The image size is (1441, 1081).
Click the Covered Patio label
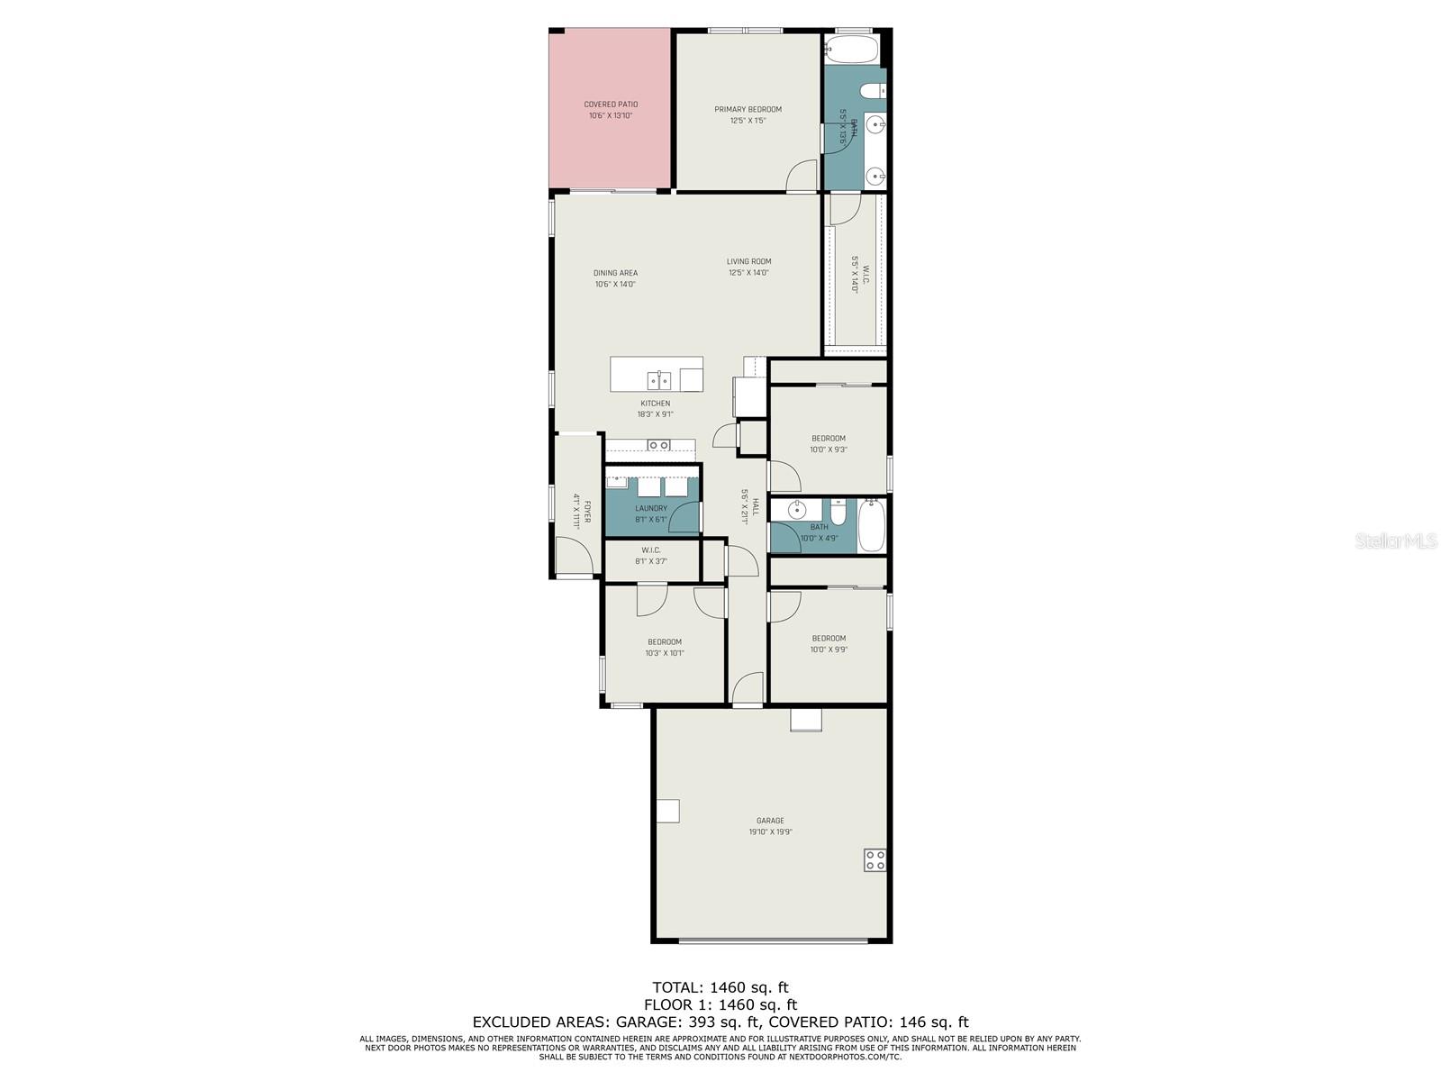coord(611,104)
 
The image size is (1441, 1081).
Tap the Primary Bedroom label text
coord(748,110)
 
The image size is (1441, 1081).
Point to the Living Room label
coord(748,262)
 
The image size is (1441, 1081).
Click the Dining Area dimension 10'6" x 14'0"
coord(615,285)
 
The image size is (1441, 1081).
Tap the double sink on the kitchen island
coord(658,377)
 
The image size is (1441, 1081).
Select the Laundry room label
coord(651,509)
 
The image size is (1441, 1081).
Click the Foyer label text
coord(587,511)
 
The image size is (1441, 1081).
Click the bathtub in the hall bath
coord(872,527)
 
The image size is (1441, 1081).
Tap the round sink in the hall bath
coord(797,511)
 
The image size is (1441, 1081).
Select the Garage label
coord(770,821)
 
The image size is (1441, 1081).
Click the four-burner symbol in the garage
coord(875,859)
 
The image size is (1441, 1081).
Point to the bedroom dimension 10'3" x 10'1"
coord(665,654)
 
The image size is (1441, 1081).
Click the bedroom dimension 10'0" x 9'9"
coord(829,650)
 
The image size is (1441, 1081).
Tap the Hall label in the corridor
coord(756,507)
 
